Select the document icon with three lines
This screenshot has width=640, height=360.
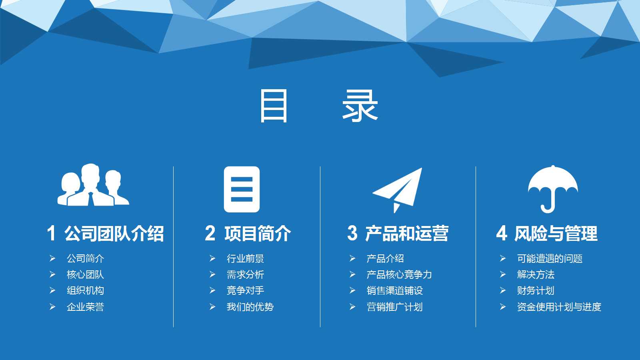[x=242, y=189]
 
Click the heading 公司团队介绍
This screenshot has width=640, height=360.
[x=114, y=234]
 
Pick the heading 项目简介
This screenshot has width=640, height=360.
[x=258, y=234]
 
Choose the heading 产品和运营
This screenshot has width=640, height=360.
[x=407, y=234]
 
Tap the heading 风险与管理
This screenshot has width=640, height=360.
[x=556, y=234]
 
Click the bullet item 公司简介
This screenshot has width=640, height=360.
[x=85, y=259]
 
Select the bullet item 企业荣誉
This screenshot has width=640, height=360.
[x=85, y=307]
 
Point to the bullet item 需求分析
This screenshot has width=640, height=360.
[x=245, y=275]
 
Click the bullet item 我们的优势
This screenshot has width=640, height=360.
[x=250, y=307]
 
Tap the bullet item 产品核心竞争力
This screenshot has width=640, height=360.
[x=399, y=275]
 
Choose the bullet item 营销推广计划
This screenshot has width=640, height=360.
[x=394, y=307]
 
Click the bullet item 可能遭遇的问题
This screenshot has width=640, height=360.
[x=550, y=259]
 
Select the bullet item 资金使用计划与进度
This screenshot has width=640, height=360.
[x=559, y=307]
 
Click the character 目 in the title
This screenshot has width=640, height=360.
[x=274, y=106]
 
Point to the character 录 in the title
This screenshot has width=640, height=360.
[x=360, y=106]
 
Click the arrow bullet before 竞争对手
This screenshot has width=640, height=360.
[x=212, y=290]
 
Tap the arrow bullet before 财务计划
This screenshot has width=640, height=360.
[x=503, y=290]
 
